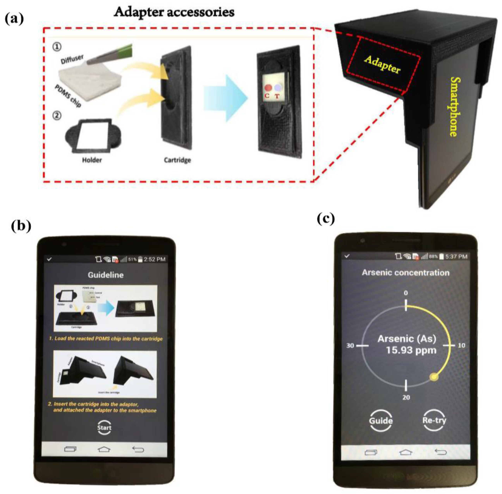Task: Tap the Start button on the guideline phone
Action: point(104,427)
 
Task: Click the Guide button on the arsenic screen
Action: point(380,420)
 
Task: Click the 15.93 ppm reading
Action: point(411,350)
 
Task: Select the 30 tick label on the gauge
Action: point(350,346)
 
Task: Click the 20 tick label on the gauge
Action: point(406,397)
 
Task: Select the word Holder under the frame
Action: point(92,160)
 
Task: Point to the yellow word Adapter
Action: point(382,64)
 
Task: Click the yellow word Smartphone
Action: point(454,106)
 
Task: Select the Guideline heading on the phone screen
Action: point(106,275)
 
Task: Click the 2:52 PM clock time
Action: point(155,259)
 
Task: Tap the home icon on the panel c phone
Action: point(406,452)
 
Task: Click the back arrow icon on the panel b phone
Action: point(138,449)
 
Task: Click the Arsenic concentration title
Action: point(406,273)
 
